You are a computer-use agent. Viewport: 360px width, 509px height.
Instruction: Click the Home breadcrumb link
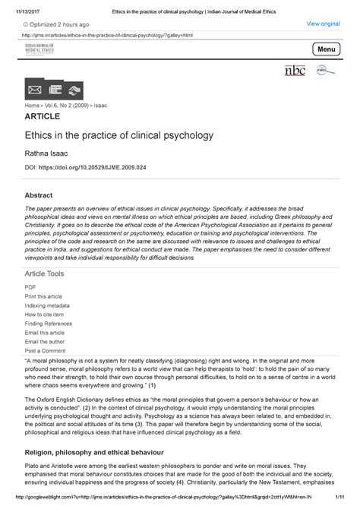click(33, 107)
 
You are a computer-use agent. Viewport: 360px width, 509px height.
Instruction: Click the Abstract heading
click(39, 195)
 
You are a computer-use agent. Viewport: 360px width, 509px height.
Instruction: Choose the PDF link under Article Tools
click(30, 287)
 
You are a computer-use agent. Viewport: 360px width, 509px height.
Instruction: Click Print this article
click(44, 296)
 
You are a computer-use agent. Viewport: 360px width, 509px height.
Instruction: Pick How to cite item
click(44, 314)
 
